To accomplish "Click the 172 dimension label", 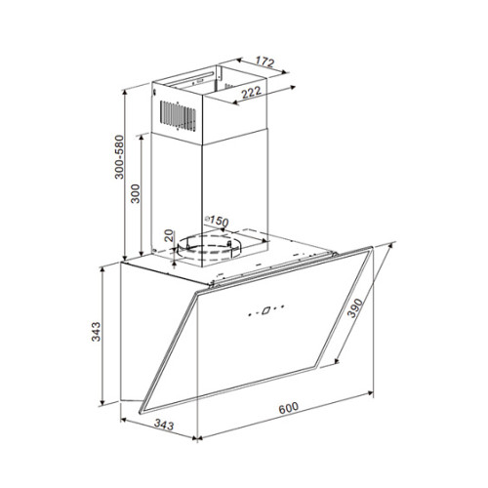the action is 264,61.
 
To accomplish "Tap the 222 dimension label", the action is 251,93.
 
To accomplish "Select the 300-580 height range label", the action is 119,157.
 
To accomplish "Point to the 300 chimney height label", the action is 135,193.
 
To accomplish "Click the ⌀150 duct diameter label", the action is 217,221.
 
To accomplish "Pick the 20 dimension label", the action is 169,235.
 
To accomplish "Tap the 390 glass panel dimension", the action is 354,308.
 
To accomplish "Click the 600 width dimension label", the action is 288,408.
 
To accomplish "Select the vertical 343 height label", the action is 96,332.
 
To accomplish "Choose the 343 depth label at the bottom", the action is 164,425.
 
